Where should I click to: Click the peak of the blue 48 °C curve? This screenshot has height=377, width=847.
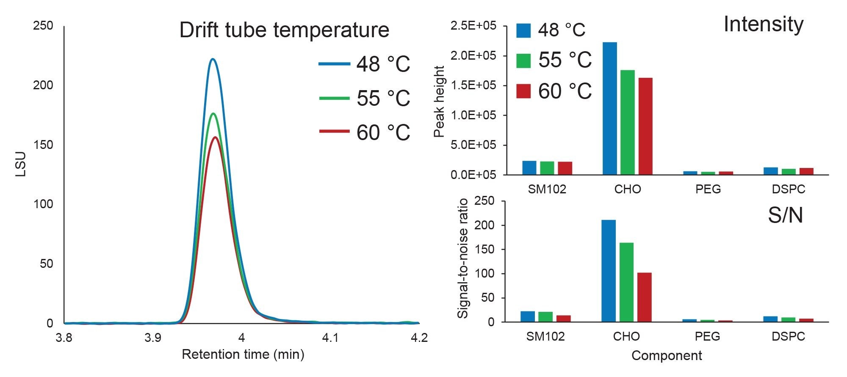(x=213, y=59)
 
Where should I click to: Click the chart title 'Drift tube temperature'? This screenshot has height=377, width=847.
(x=284, y=30)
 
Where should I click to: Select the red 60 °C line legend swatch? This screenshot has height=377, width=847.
(x=334, y=132)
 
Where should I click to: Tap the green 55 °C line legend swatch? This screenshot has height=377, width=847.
(x=334, y=98)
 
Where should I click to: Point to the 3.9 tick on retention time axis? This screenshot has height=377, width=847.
(x=152, y=338)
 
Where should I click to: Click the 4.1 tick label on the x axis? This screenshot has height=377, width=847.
(x=330, y=338)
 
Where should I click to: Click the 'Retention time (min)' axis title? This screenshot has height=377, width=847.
(x=243, y=354)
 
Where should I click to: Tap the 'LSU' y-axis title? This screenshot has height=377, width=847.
(x=21, y=164)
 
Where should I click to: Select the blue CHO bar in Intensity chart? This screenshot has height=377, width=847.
(x=609, y=108)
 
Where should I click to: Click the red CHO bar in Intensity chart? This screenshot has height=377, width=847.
(x=645, y=126)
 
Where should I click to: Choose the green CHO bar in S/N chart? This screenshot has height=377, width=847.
(x=626, y=282)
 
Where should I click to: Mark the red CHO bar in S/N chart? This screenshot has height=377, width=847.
(x=644, y=297)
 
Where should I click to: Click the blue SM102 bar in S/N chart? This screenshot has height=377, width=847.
(x=527, y=316)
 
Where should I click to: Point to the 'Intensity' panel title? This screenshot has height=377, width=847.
(x=763, y=24)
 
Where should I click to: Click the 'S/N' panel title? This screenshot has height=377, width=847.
(x=785, y=215)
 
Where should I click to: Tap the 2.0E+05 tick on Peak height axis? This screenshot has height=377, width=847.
(x=473, y=55)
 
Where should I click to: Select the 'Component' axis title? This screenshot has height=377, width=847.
(x=667, y=355)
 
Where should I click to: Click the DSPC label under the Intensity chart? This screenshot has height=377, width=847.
(x=788, y=189)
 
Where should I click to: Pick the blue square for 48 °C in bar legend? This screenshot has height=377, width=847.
(x=523, y=30)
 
